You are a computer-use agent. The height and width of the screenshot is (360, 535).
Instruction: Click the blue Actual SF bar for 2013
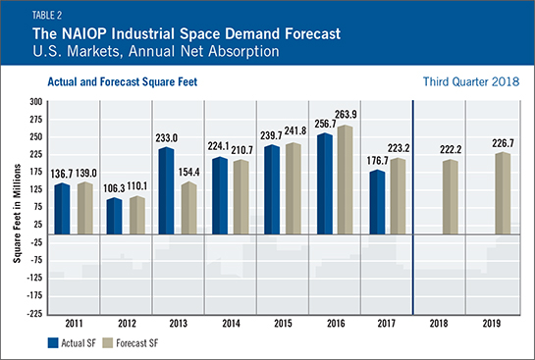tap(167, 190)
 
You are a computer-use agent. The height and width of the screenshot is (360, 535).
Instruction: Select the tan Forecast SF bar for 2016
tap(345, 180)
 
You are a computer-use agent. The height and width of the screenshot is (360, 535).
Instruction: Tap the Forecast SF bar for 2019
tap(503, 193)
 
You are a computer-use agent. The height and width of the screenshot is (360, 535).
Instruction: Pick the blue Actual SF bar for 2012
tap(114, 216)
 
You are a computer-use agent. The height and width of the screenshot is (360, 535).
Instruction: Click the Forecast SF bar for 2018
tap(450, 197)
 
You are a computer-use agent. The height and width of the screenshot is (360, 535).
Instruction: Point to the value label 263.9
tap(346, 115)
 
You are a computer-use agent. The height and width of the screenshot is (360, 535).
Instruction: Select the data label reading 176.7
tap(378, 161)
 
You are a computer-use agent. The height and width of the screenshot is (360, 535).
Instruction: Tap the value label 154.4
tap(189, 173)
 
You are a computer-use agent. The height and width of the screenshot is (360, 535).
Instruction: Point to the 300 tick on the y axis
tap(35, 102)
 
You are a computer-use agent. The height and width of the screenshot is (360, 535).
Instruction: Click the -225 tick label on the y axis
tap(34, 313)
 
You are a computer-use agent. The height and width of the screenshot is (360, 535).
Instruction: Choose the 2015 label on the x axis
tap(283, 323)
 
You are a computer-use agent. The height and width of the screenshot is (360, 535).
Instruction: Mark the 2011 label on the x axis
tap(74, 323)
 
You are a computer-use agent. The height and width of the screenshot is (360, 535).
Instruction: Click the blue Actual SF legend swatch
tap(53, 343)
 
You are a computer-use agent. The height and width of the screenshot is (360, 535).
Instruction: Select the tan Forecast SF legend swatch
tap(107, 343)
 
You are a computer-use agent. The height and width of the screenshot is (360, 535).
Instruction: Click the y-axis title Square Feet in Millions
tap(17, 214)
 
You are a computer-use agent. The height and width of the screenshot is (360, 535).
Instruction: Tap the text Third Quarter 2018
tap(471, 81)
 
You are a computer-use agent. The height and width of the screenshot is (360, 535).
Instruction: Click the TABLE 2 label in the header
tap(47, 16)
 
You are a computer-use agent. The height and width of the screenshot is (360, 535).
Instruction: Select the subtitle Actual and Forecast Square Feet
tap(123, 82)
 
